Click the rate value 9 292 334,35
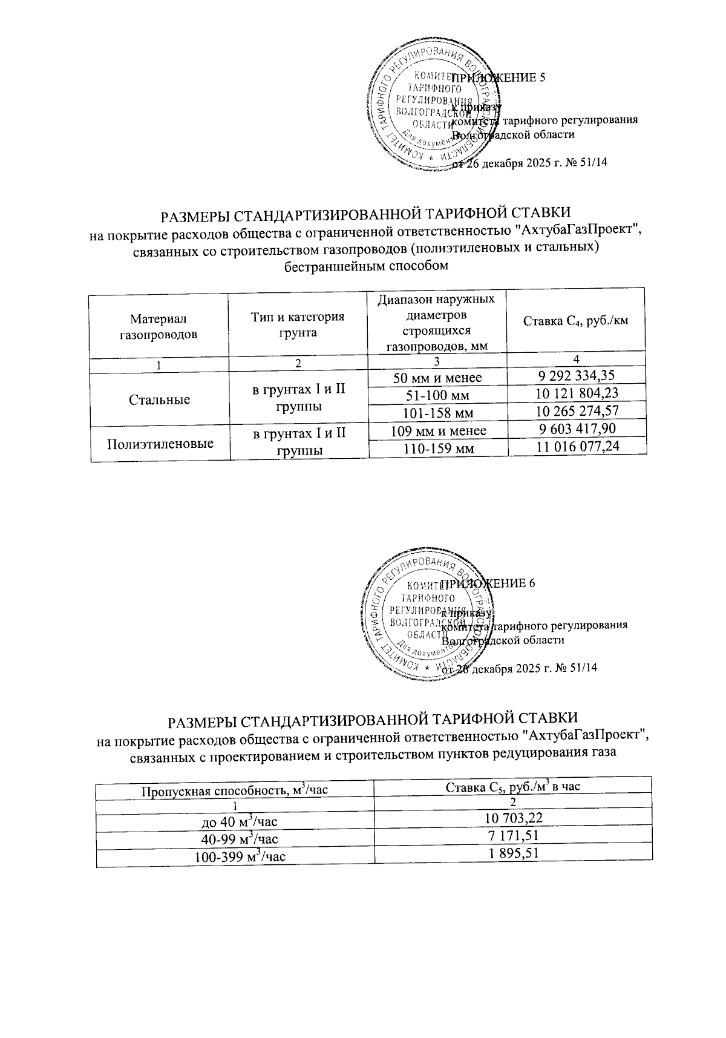(x=576, y=376)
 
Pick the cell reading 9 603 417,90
(x=577, y=429)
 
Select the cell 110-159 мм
(x=438, y=448)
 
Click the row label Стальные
(x=160, y=399)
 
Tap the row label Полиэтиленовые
(x=160, y=444)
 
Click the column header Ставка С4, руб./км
(x=575, y=321)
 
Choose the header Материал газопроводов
(x=159, y=326)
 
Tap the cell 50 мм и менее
(x=438, y=378)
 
